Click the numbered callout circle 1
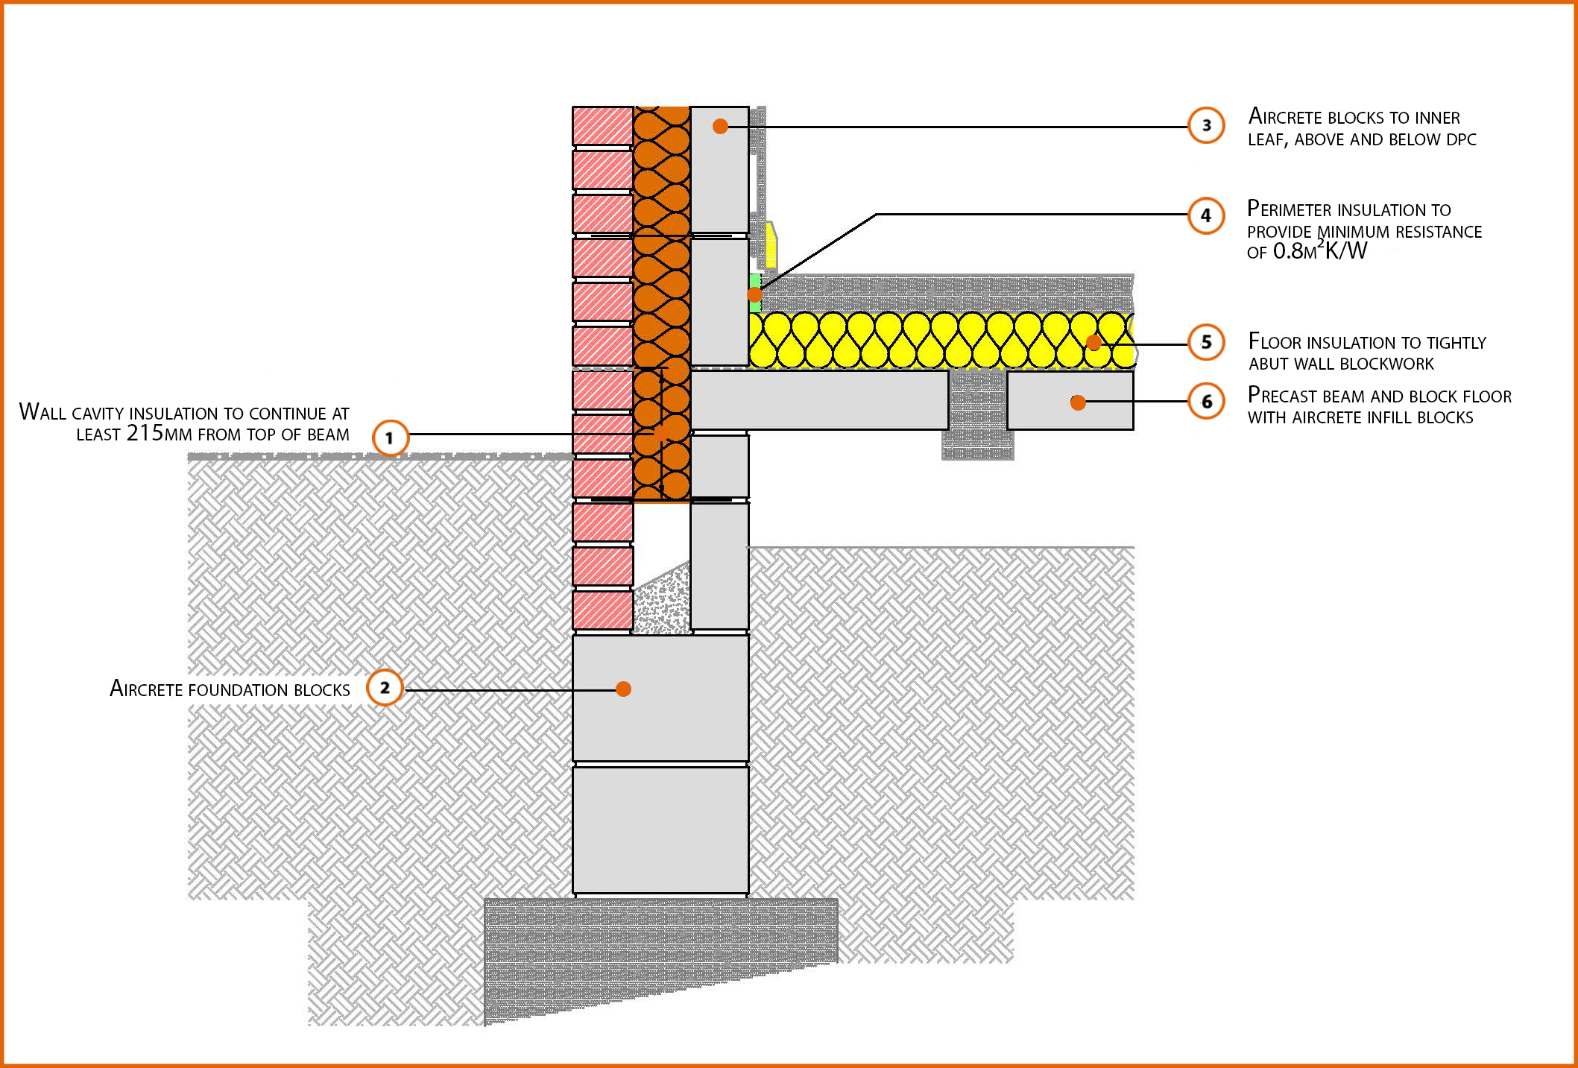pos(390,438)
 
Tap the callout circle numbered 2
pos(385,687)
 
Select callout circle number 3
pos(1206,125)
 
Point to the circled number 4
pos(1206,215)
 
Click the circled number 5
pos(1206,342)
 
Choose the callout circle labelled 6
pos(1206,402)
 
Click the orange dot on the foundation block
pos(624,689)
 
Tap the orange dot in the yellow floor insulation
pos(1093,343)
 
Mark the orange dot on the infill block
pos(1077,402)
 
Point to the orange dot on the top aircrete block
pos(720,126)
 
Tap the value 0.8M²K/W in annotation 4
pos(1320,252)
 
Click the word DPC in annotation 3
pos(1461,139)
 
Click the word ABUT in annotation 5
pos(1268,364)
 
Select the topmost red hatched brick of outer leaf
pos(602,126)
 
